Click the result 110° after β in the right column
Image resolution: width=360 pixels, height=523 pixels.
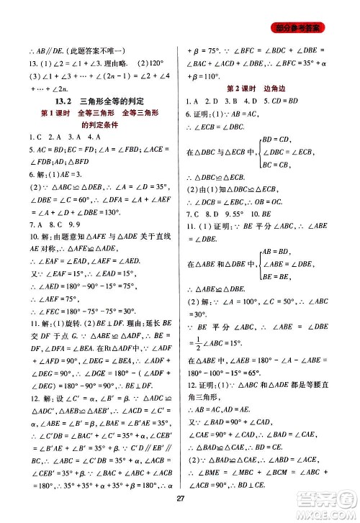216,76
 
